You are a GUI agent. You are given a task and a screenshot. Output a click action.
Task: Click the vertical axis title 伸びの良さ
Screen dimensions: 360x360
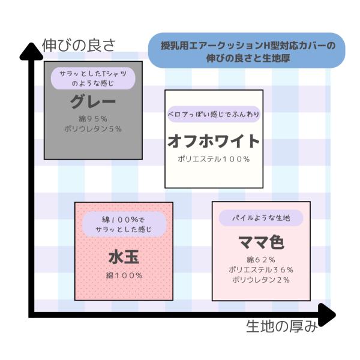(79, 45)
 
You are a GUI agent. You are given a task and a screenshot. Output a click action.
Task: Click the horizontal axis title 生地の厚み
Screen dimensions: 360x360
(282, 326)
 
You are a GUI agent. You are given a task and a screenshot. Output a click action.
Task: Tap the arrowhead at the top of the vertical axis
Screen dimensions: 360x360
(31, 52)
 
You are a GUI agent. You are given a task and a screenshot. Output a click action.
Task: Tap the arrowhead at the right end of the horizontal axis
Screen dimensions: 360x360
(327, 315)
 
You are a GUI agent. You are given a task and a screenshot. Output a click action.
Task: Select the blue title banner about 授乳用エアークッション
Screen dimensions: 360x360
(247, 50)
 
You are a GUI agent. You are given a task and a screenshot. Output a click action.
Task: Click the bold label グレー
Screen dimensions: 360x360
(93, 101)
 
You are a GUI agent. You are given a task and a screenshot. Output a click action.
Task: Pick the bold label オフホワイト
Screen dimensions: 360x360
(214, 141)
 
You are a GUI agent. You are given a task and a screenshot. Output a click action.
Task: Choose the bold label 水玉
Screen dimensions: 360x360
(124, 257)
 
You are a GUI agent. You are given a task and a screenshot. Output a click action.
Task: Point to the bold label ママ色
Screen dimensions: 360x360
(261, 242)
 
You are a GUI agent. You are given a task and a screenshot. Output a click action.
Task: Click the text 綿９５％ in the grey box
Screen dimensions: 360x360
(93, 119)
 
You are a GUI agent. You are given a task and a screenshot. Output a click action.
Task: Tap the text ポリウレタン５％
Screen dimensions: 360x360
(93, 129)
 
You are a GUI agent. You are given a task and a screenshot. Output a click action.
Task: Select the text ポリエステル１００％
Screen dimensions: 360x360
(214, 159)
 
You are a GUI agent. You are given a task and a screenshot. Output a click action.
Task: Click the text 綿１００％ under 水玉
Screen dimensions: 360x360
(124, 275)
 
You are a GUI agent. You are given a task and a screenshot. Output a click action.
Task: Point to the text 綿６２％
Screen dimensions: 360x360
(261, 260)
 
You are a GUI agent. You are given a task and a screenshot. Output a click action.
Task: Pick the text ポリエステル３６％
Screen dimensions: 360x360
(261, 270)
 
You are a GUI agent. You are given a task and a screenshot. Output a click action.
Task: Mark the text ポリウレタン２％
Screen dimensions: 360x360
(261, 280)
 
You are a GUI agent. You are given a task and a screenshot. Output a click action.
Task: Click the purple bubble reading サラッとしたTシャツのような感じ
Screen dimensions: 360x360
(93, 78)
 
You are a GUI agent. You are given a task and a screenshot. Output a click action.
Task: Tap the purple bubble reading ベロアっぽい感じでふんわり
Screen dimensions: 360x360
(214, 114)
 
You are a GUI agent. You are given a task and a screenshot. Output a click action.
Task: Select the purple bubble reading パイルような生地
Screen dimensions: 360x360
(261, 218)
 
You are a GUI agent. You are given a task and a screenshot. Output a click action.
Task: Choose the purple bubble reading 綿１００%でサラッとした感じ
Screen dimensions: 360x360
(124, 224)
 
